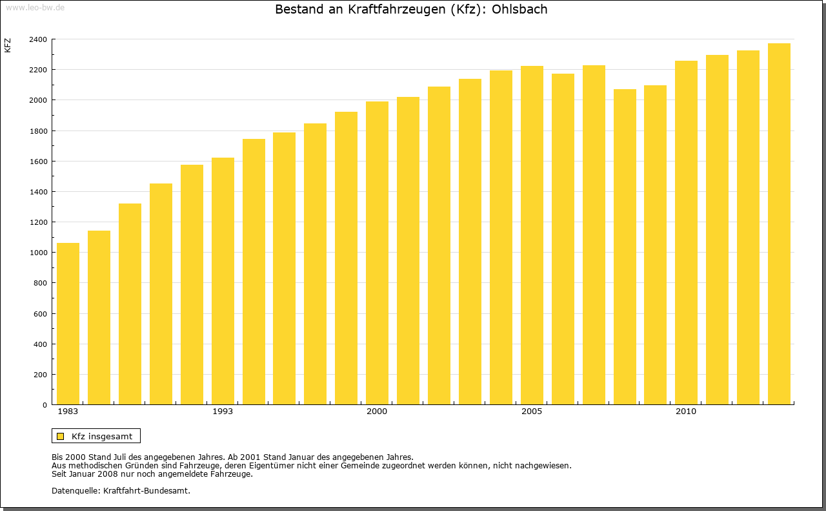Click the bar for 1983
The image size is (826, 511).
[x=68, y=324]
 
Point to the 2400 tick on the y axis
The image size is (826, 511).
[x=38, y=39]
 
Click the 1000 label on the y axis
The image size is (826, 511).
[x=38, y=253]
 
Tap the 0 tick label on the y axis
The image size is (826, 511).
[x=45, y=405]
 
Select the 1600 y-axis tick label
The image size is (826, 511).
[x=38, y=162]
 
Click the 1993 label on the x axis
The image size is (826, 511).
[x=223, y=412]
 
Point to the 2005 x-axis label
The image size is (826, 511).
[x=532, y=412]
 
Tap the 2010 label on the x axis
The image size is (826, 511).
[x=686, y=412]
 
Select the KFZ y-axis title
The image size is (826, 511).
[x=8, y=45]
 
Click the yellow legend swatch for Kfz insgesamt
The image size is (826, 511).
[x=61, y=436]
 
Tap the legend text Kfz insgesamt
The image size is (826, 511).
[x=102, y=436]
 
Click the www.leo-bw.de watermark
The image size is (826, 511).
[x=35, y=6]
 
